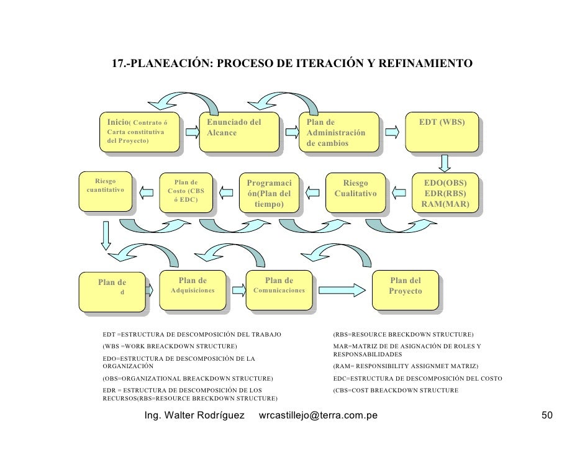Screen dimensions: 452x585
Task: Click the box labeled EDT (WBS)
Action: coord(442,131)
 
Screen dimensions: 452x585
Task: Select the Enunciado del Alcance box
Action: coord(238,131)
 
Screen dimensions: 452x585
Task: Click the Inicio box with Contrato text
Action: coord(138,131)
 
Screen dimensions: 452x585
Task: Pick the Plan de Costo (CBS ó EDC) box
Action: coord(186,192)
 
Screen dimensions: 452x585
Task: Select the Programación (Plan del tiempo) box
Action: coord(269,194)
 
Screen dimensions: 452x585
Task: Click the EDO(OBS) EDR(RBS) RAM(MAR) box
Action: coord(445,194)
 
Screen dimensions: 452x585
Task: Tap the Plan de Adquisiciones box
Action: coord(193,289)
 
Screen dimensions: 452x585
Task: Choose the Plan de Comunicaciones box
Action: coord(279,289)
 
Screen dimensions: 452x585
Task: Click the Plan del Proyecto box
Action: coord(405,289)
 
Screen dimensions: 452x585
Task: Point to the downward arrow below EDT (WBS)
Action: coord(445,163)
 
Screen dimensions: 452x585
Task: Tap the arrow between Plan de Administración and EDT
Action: coord(392,132)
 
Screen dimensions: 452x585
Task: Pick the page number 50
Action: coord(546,415)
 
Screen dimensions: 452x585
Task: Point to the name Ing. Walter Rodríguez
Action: coord(194,415)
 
